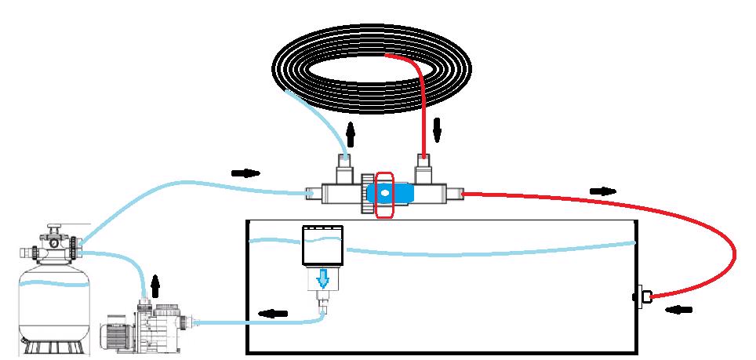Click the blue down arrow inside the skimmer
(x=322, y=279)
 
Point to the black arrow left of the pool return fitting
(x=679, y=309)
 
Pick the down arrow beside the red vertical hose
(x=437, y=130)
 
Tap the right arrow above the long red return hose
(x=602, y=191)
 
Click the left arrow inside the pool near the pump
(x=272, y=314)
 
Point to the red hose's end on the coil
(x=389, y=55)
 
